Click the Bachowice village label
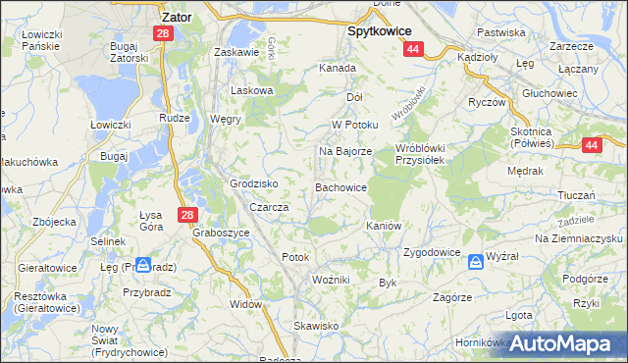[x=340, y=186]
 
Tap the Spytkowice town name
[x=379, y=30]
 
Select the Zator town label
[x=176, y=17]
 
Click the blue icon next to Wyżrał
[x=476, y=261]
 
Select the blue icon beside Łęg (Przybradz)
[x=143, y=265]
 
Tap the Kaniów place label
[x=384, y=226]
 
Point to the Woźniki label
[x=331, y=280]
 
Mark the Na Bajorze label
[x=344, y=152]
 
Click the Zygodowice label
[x=432, y=252]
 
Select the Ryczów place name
[x=486, y=102]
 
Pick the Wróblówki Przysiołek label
[x=421, y=155]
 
